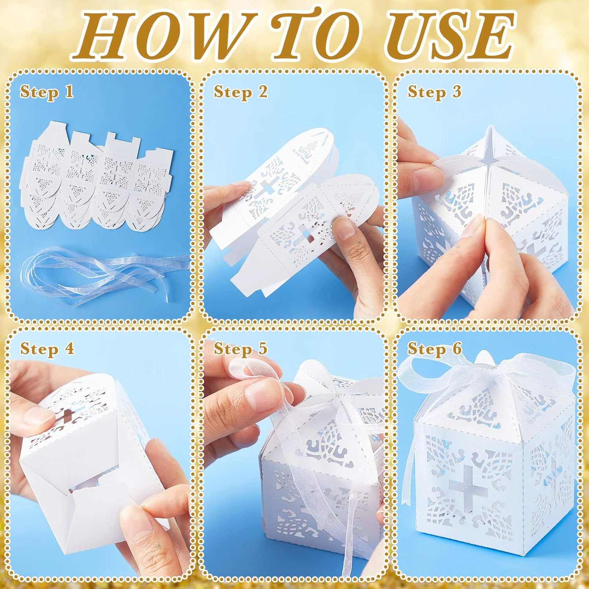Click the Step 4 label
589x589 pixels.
pyautogui.click(x=47, y=348)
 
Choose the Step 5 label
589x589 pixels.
pyautogui.click(x=240, y=348)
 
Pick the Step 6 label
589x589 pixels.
pyautogui.click(x=434, y=348)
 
